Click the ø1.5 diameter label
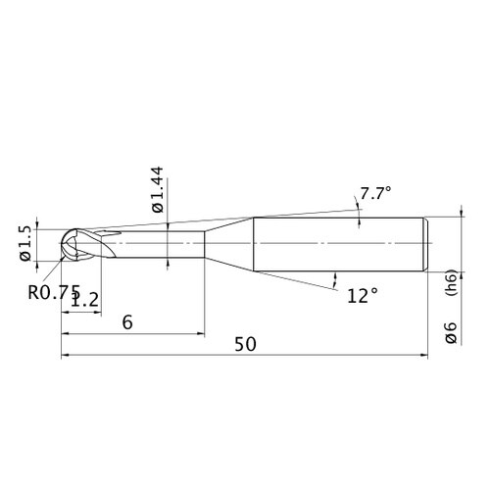(25, 243)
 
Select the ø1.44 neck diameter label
(158, 189)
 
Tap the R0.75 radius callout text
(54, 292)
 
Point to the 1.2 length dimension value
(84, 299)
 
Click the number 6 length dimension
(127, 322)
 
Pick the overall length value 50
(245, 344)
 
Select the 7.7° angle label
(375, 193)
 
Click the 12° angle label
(363, 296)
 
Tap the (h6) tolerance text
(451, 282)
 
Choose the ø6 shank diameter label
(451, 332)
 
